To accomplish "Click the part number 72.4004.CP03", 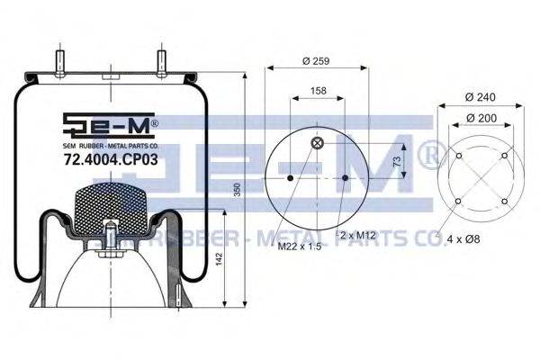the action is [x=111, y=159].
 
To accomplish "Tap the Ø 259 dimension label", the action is [x=316, y=61].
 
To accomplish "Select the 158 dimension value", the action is [x=319, y=91].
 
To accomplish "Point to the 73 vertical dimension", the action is [x=397, y=161].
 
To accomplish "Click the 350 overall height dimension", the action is [x=238, y=190].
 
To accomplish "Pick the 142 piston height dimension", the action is [x=219, y=259].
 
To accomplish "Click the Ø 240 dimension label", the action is [x=480, y=97].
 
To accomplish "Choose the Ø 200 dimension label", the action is [x=481, y=118].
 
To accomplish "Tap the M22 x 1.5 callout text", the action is [x=300, y=247].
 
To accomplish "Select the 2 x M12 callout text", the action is [x=358, y=235].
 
